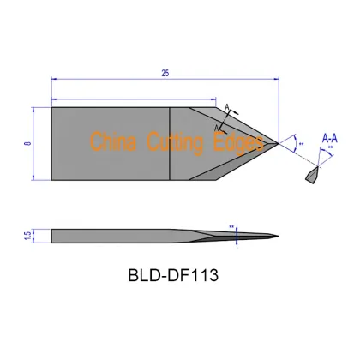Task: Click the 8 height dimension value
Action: pos(28,143)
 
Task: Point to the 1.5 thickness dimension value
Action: pos(27,235)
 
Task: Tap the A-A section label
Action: pos(328,137)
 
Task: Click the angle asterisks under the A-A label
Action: pos(331,149)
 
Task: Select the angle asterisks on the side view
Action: pos(231,227)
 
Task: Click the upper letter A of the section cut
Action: pos(228,106)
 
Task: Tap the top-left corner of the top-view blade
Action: pos(52,106)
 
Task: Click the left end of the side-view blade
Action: pos(53,235)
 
